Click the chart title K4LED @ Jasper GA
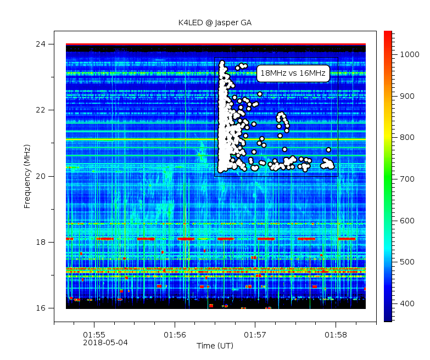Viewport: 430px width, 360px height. [x=215, y=23]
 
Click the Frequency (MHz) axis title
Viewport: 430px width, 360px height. [x=27, y=176]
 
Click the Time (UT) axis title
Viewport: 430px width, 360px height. [x=215, y=345]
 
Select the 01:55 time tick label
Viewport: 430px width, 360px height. [x=94, y=334]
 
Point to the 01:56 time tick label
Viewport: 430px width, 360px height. [x=175, y=334]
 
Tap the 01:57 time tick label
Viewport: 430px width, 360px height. [x=255, y=334]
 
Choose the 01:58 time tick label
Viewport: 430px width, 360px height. [x=336, y=334]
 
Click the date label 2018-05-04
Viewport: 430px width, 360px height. [x=105, y=342]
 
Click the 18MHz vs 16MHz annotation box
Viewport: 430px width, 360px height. [x=293, y=73]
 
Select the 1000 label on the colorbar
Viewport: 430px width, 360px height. [x=409, y=54]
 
